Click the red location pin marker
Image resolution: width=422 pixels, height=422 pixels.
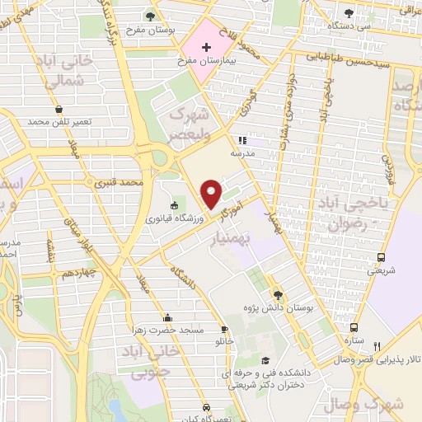click(212, 194)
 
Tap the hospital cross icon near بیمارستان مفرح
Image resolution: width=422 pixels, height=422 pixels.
click(205, 49)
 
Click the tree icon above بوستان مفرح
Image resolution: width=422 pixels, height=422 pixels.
click(149, 16)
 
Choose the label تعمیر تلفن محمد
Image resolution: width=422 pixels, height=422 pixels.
click(58, 121)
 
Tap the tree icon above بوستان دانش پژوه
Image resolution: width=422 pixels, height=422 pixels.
click(277, 295)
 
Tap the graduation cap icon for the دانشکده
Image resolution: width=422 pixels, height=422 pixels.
click(265, 360)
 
